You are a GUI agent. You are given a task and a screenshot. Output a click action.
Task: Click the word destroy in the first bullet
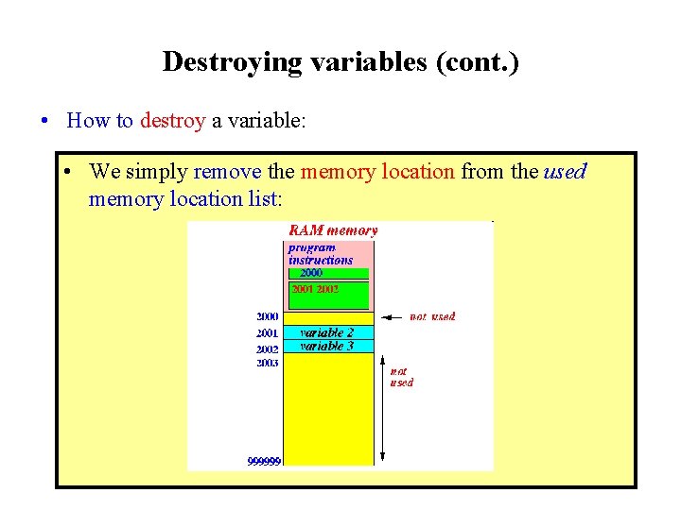point(172,120)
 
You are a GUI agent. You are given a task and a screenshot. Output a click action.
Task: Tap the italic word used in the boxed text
point(565,172)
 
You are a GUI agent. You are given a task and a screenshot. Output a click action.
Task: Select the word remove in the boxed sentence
point(227,172)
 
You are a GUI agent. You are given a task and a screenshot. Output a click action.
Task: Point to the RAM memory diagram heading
point(333,229)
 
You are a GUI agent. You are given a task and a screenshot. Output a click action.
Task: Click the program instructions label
point(320,254)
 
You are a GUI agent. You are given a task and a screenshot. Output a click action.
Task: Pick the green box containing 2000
point(328,273)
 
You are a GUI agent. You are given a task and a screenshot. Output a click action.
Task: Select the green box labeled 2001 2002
point(328,295)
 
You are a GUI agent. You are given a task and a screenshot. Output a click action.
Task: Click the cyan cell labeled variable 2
point(328,332)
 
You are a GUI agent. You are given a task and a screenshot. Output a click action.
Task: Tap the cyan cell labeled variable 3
point(328,347)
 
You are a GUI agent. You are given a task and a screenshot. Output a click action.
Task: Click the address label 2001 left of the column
point(267,333)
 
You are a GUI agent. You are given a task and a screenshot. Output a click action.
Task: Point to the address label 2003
point(267,363)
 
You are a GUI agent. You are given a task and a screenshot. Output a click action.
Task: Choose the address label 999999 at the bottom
point(264,462)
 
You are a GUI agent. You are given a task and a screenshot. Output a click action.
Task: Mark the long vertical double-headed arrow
point(381,406)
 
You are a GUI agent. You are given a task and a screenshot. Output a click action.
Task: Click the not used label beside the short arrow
point(432,316)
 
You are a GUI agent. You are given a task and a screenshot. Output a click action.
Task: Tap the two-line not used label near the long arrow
point(401,377)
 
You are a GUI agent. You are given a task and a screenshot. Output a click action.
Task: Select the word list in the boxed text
point(263,198)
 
